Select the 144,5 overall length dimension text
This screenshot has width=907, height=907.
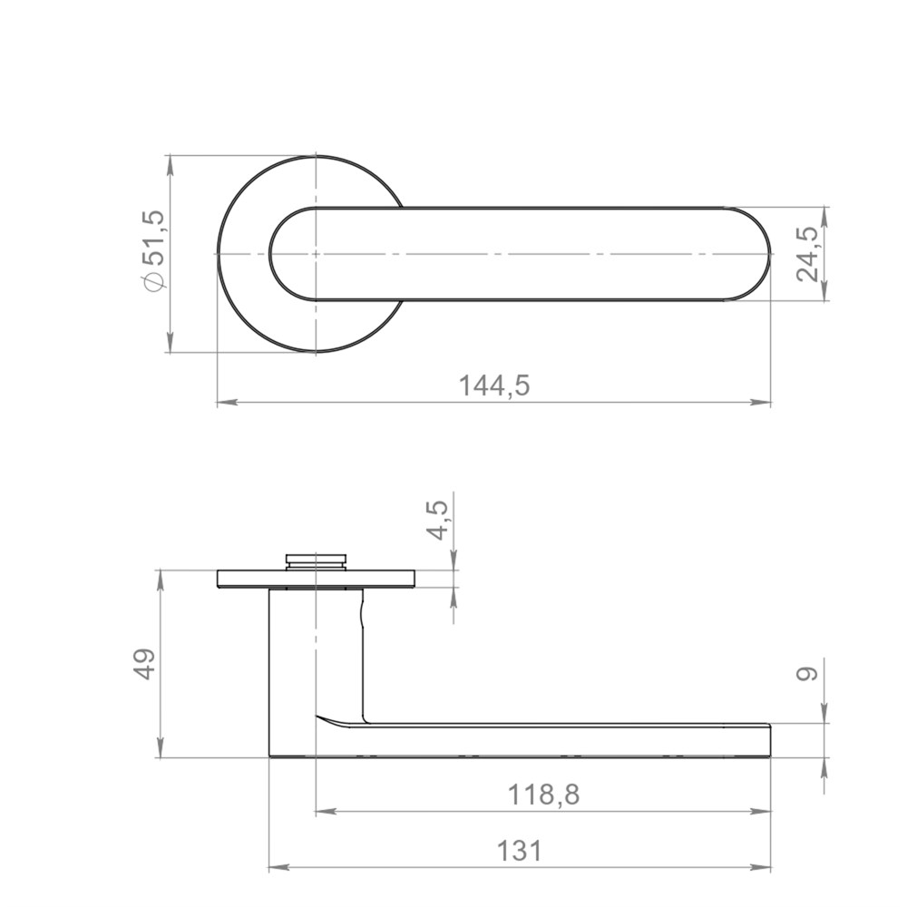[x=494, y=385]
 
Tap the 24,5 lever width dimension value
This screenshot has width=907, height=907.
[x=807, y=253]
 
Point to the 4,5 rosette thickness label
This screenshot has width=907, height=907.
[x=438, y=520]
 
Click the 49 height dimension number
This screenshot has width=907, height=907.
[x=143, y=664]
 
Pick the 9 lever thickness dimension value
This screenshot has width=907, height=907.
[x=808, y=673]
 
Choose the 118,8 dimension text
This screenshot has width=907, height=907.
[x=543, y=795]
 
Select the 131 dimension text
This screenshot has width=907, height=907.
[x=520, y=851]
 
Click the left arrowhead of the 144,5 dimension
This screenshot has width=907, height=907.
[x=227, y=402]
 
